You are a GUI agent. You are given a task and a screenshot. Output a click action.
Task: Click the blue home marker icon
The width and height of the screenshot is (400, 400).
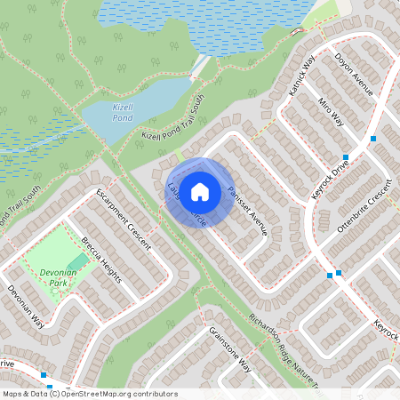[x=200, y=191]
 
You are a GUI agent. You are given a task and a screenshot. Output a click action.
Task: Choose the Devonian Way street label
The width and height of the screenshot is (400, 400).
[x=26, y=307]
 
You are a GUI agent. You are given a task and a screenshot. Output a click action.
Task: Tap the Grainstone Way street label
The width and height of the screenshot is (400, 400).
[x=230, y=351]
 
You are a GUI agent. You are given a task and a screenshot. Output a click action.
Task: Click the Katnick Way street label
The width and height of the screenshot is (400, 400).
[x=302, y=75]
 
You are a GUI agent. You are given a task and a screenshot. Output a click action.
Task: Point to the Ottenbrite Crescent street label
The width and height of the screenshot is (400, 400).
[x=364, y=209]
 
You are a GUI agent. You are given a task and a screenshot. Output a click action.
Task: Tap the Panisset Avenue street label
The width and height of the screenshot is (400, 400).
[x=246, y=210]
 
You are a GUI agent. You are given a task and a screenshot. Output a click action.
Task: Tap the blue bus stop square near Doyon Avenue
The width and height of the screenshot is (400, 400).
[x=373, y=139]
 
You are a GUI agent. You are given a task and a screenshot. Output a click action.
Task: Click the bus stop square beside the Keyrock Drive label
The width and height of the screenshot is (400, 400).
[x=345, y=157]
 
